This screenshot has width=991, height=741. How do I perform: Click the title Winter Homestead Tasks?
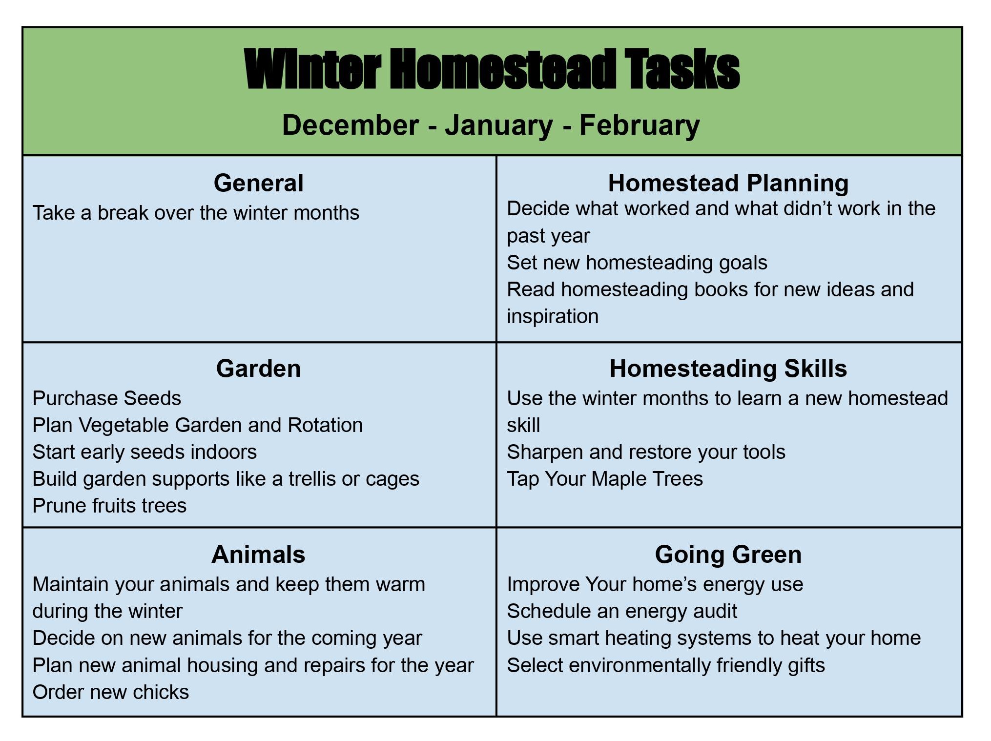tap(492, 69)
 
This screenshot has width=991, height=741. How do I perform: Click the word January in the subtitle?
tap(498, 125)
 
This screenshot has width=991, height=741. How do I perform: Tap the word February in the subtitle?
tap(640, 125)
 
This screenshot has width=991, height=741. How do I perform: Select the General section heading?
tap(258, 183)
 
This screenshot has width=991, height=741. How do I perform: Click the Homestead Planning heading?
tap(728, 183)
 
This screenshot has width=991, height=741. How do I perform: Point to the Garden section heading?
tap(258, 369)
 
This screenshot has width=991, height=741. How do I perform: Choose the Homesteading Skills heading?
tap(728, 369)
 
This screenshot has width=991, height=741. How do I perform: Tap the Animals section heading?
tap(258, 555)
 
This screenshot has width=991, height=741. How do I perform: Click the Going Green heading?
tap(728, 555)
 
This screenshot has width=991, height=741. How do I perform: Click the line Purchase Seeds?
tap(106, 398)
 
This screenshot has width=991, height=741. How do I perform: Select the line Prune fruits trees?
tap(109, 506)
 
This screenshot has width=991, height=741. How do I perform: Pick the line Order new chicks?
tap(110, 692)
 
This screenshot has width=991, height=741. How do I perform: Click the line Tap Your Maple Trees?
tap(604, 479)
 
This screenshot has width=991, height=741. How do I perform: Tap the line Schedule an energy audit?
tap(621, 611)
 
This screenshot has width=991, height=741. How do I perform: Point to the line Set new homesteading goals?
tap(637, 263)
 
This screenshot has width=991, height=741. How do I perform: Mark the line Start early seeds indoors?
tap(144, 452)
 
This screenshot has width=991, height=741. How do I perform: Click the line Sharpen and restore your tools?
tap(645, 452)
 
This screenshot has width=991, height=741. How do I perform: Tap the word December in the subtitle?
tap(350, 125)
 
